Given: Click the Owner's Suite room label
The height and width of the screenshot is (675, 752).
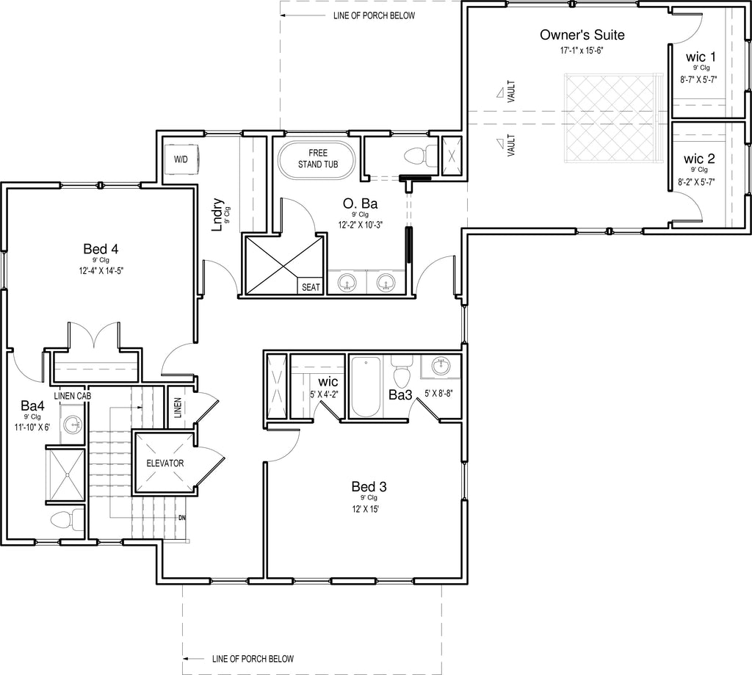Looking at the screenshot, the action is [582, 35].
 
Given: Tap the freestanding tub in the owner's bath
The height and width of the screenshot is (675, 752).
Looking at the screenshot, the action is [317, 160].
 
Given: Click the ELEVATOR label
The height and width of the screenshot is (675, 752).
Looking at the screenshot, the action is [165, 463].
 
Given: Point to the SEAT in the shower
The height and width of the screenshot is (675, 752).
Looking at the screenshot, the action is [311, 287].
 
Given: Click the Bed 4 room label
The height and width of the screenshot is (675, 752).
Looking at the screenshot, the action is [101, 249].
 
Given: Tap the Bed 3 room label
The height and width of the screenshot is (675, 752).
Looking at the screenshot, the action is [369, 487].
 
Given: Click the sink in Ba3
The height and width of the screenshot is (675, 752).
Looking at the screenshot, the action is [441, 367].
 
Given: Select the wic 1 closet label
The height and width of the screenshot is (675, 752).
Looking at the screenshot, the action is [701, 57].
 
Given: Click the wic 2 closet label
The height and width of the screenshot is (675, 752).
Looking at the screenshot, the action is [699, 159].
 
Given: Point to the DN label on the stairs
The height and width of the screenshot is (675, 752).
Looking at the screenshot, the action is [182, 518].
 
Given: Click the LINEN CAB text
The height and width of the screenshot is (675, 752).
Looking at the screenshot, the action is [73, 397].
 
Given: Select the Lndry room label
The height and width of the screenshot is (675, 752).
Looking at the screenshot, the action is [217, 214].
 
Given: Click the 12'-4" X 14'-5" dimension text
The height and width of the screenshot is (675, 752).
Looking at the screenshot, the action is [101, 270].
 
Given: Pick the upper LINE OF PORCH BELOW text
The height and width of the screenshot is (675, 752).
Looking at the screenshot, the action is [374, 16].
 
